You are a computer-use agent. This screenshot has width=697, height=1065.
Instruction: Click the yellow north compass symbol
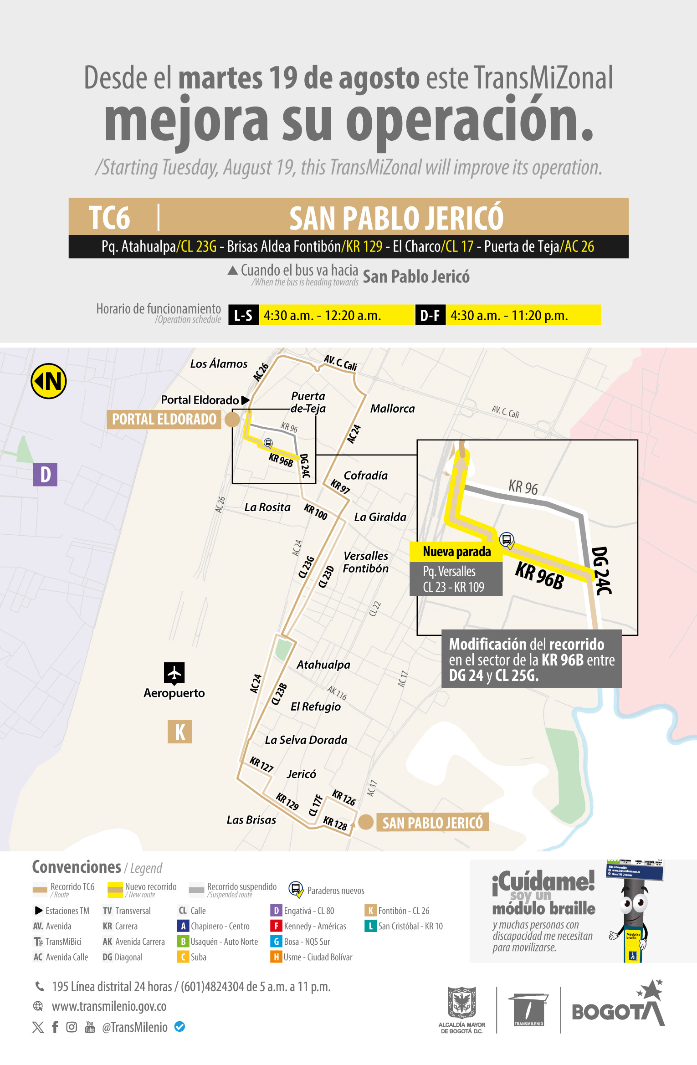(x=49, y=381)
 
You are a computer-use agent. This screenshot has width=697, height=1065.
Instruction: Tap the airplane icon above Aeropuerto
(x=174, y=673)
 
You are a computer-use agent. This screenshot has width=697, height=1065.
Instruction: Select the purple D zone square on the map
(x=45, y=474)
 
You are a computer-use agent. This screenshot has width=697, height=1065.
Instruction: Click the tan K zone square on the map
(x=179, y=732)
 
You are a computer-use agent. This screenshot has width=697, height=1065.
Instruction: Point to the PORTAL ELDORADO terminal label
(x=164, y=419)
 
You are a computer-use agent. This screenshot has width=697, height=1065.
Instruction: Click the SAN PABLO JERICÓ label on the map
(x=432, y=822)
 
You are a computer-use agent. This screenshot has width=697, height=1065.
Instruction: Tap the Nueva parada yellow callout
(x=456, y=552)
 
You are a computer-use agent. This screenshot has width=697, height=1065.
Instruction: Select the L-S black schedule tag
(x=243, y=315)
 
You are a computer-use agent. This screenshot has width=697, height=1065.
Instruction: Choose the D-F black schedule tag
(x=430, y=315)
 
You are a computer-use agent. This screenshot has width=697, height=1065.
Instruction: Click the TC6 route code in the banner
(x=109, y=218)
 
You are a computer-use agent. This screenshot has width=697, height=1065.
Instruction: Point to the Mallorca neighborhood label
(x=392, y=409)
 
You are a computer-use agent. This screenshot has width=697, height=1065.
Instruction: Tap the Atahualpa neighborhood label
(x=323, y=665)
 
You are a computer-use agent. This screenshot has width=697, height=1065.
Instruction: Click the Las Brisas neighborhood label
(x=251, y=820)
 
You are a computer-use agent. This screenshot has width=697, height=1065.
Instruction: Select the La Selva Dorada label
(x=306, y=740)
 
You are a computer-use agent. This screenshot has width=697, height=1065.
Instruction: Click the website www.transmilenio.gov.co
(x=109, y=1006)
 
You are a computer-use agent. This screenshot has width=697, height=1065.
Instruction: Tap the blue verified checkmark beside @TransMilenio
(x=180, y=1027)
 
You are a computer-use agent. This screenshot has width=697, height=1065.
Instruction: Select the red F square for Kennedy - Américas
(x=276, y=926)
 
